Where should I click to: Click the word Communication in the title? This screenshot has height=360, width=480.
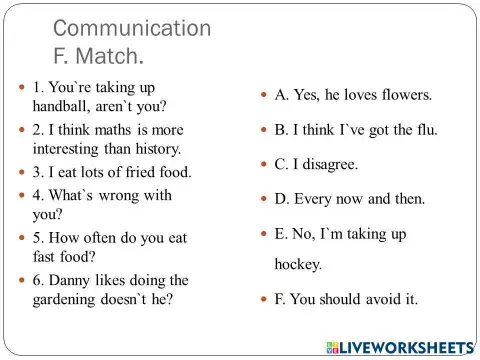[x=131, y=27]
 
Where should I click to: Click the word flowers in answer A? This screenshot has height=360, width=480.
[x=401, y=96]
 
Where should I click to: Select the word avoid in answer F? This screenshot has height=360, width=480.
[x=382, y=299]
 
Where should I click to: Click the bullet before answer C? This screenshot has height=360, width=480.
[x=265, y=163]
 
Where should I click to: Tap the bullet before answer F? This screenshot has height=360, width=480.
[x=265, y=299]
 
